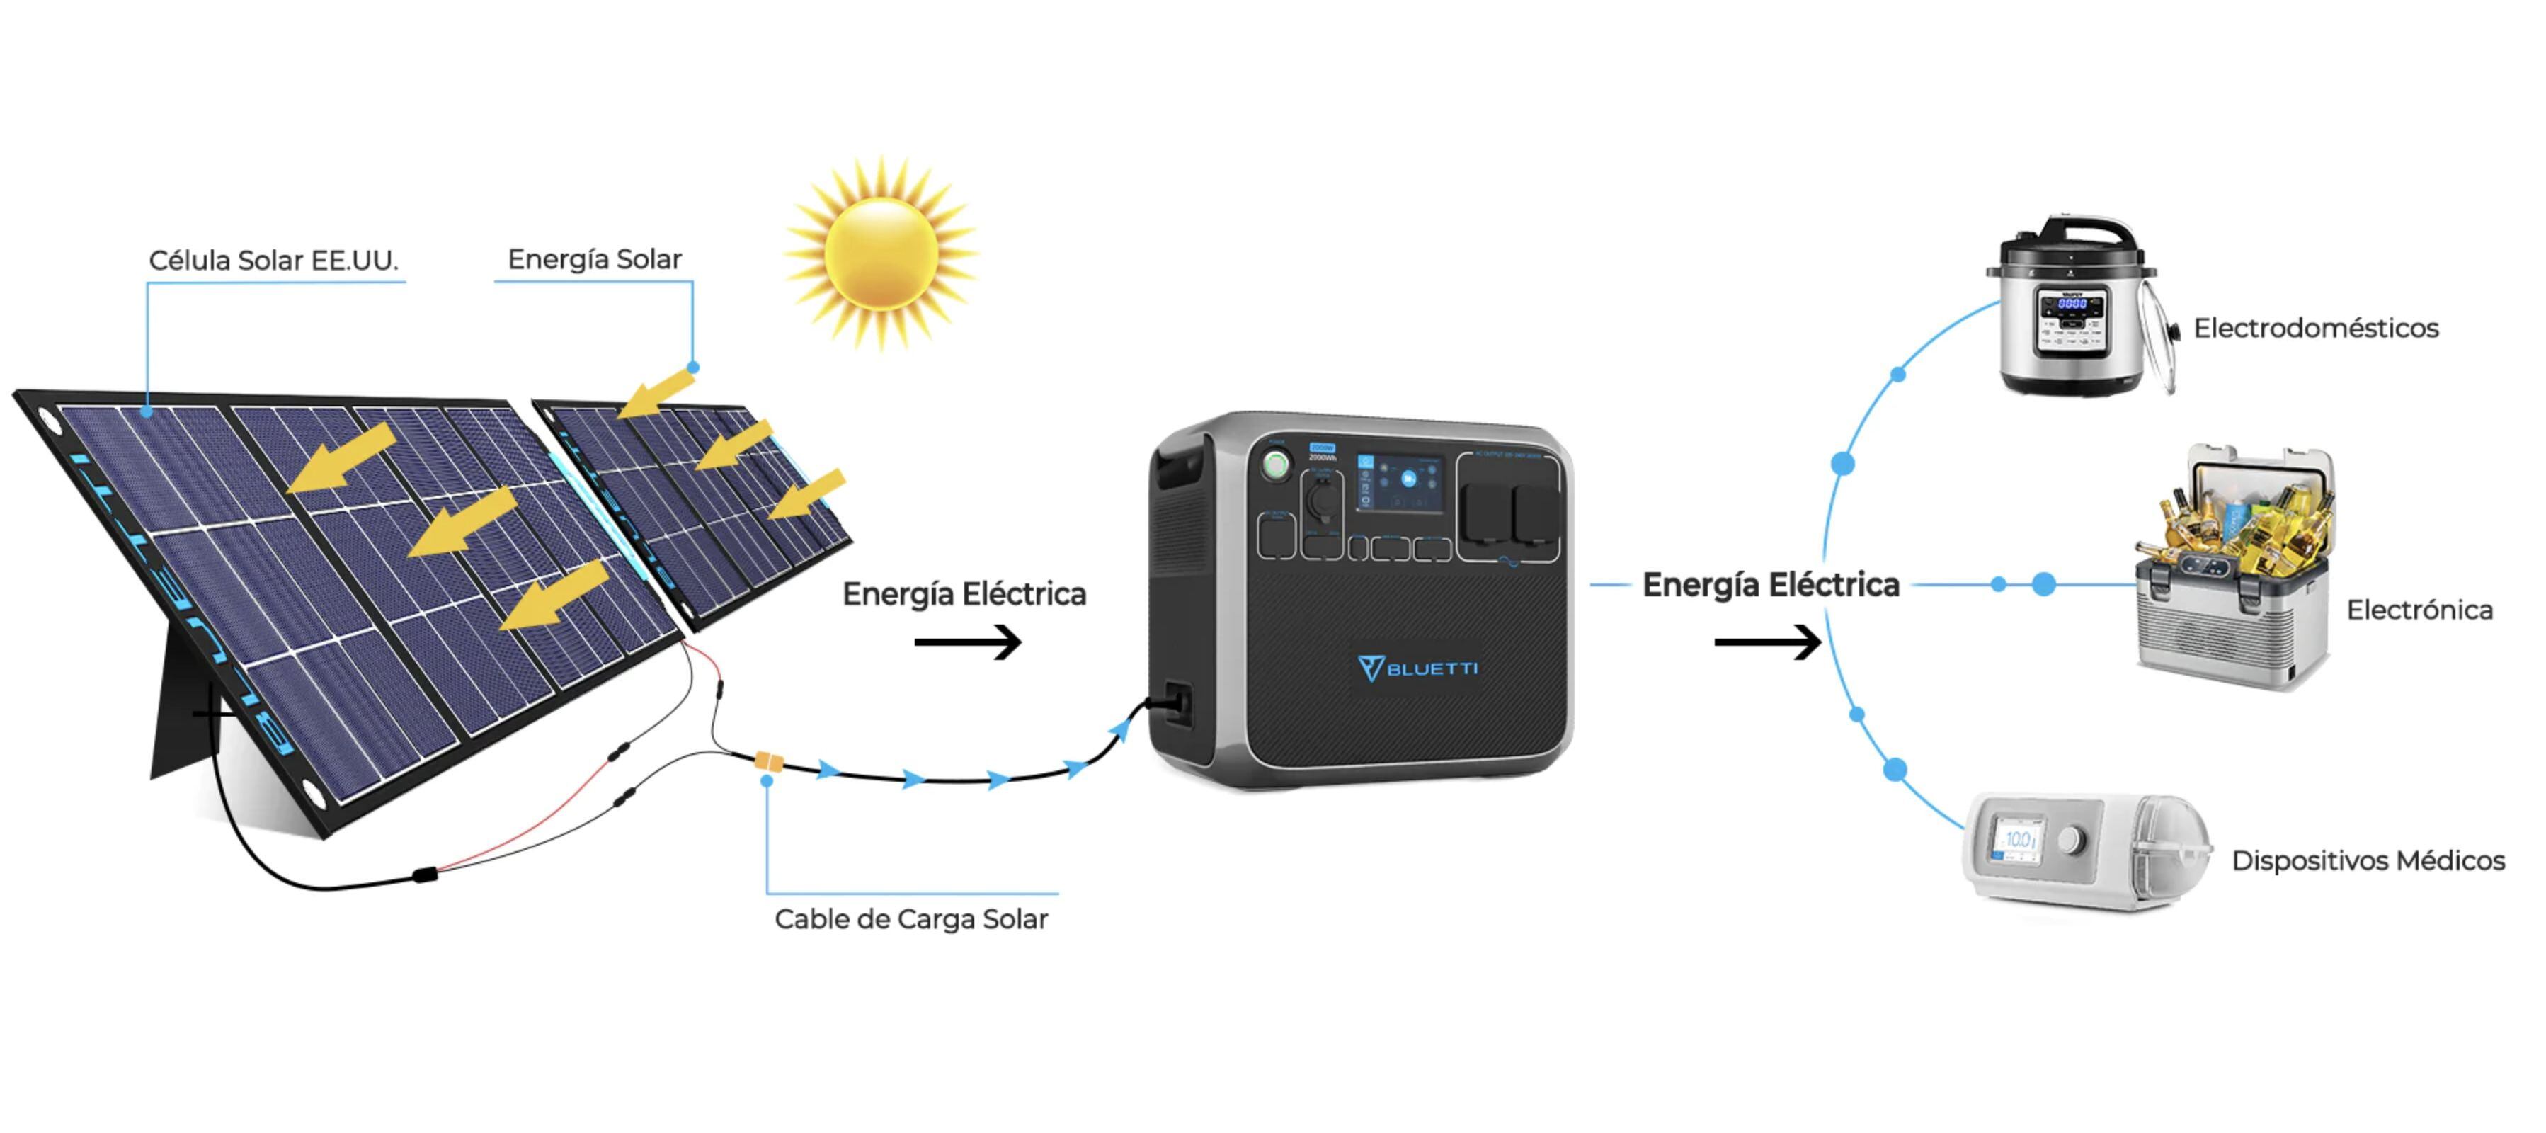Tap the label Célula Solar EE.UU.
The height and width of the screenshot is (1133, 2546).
(x=273, y=260)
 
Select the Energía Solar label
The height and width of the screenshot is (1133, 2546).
(x=594, y=259)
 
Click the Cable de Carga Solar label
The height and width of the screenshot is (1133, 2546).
(x=910, y=918)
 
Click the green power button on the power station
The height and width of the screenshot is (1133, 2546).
(x=1276, y=464)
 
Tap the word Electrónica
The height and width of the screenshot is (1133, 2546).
(x=2419, y=610)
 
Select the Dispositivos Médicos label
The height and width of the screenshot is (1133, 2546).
(x=2367, y=860)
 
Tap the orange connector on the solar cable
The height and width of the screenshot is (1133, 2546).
(x=768, y=761)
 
